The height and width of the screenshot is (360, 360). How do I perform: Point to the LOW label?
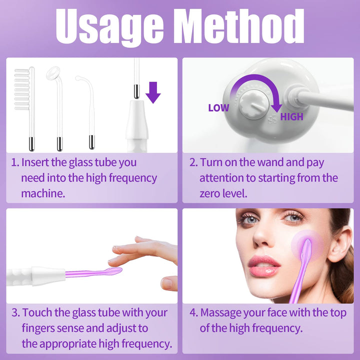click(218, 108)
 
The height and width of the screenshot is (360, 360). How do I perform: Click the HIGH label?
click(291, 117)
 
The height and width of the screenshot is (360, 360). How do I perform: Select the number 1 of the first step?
click(14, 162)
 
